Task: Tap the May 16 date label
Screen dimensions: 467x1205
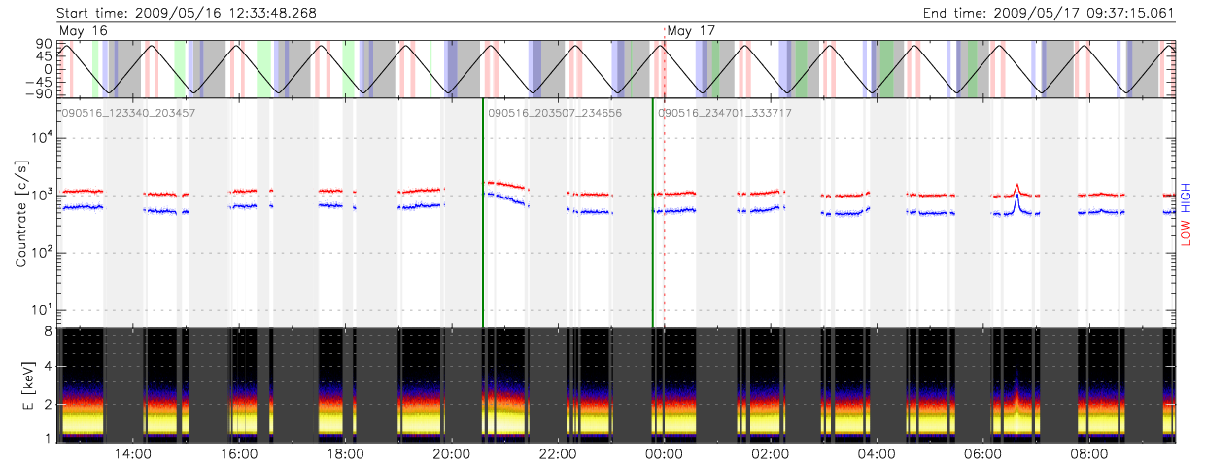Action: [x=84, y=31]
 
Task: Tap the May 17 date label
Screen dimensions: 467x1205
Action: [x=692, y=31]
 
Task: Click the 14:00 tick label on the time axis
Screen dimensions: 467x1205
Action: [x=131, y=453]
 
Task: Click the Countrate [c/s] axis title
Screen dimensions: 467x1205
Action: [x=20, y=214]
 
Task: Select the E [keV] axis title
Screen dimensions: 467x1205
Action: [x=20, y=384]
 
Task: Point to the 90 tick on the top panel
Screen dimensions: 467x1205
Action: [x=45, y=44]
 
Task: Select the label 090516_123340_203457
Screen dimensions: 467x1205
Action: [x=128, y=113]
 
